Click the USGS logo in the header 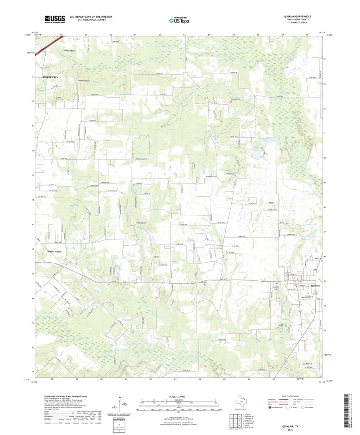54,19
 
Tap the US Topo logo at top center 179,20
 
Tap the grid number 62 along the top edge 160,34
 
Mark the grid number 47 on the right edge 324,232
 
